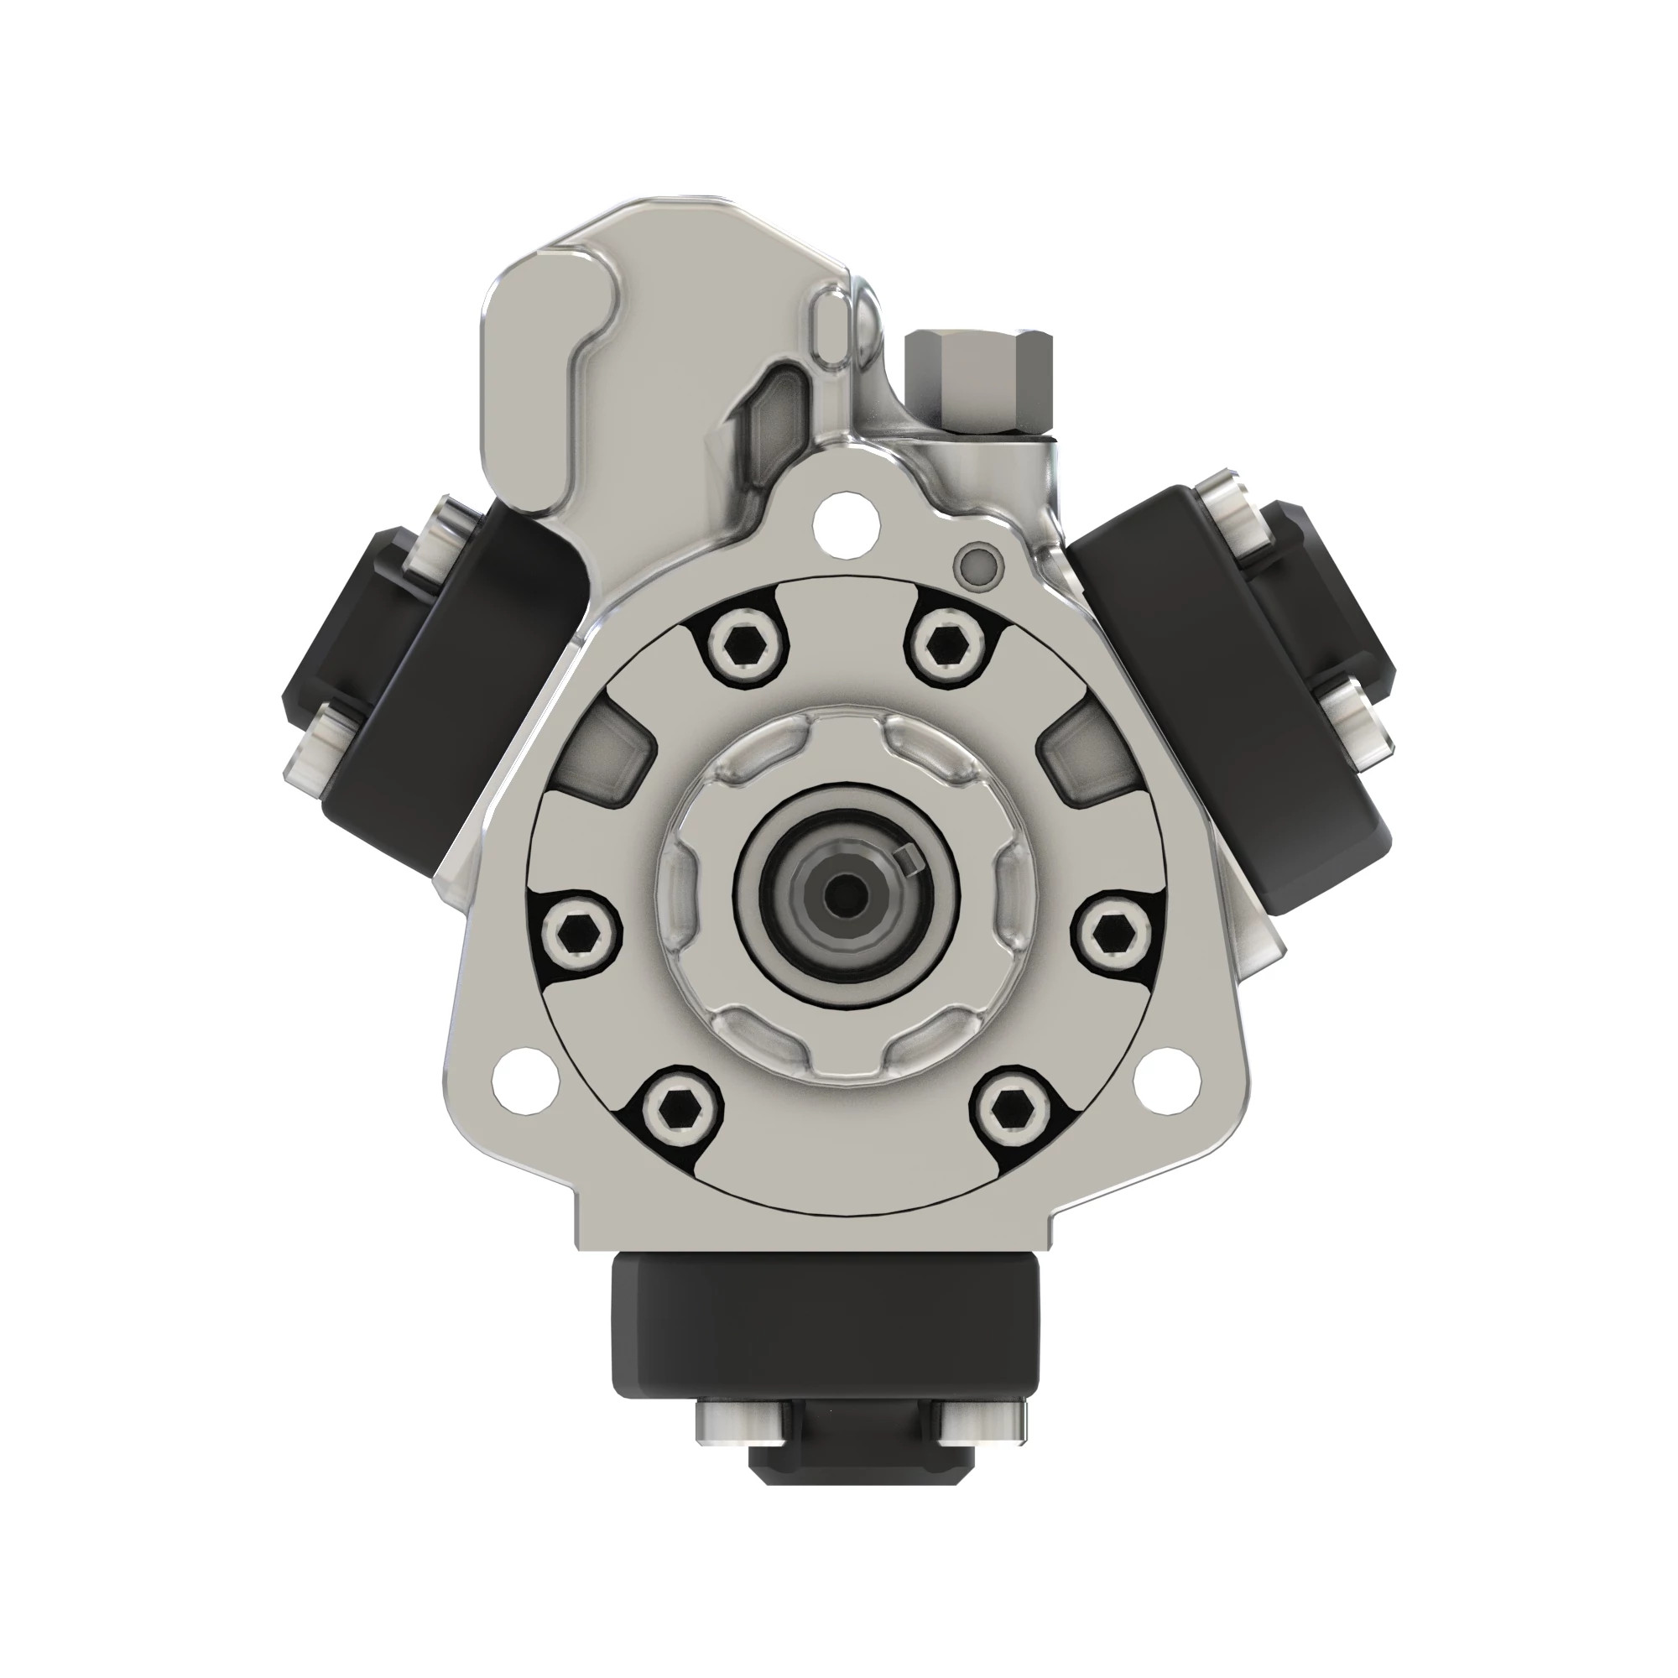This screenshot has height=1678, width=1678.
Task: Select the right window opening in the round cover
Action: point(1087,751)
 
